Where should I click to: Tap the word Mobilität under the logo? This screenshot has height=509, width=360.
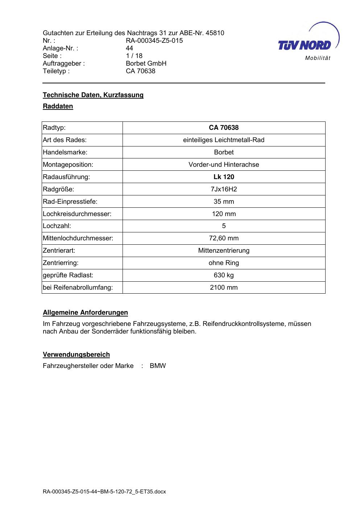[x=318, y=58]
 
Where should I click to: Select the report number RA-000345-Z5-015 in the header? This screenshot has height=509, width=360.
[x=154, y=41]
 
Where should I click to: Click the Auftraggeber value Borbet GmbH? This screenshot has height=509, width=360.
[x=146, y=63]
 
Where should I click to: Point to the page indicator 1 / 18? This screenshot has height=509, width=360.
[x=134, y=56]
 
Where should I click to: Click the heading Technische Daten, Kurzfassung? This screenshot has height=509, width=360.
[x=93, y=95]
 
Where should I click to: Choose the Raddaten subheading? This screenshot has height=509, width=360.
[x=58, y=106]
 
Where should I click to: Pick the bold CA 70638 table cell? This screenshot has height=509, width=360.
[x=224, y=128]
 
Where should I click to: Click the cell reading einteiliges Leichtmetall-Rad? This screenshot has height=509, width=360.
[x=224, y=140]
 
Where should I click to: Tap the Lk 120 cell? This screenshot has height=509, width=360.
[x=224, y=177]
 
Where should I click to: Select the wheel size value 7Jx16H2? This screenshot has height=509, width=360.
[x=224, y=189]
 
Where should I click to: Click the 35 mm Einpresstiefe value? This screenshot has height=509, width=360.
[x=224, y=202]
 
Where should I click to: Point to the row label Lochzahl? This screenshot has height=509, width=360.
[x=57, y=226]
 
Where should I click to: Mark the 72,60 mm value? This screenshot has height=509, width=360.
[x=224, y=238]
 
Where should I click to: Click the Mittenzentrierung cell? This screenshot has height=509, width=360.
[x=224, y=251]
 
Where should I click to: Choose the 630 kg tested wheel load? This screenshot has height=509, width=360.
[x=224, y=275]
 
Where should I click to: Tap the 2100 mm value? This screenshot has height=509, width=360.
[x=224, y=287]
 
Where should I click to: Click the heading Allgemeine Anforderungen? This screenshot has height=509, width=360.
[x=85, y=313]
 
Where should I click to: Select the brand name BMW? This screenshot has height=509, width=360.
[x=158, y=366]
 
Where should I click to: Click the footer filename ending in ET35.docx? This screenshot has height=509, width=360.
[x=104, y=492]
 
